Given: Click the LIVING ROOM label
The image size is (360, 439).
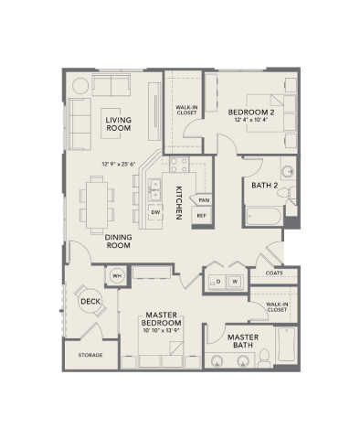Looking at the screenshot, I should (118, 125).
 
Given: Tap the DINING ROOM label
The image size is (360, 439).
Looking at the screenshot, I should (121, 241).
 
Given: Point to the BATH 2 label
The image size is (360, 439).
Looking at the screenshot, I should (264, 187).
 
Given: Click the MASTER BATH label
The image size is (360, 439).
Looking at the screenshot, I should (243, 340).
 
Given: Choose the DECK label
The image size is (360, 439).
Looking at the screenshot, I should (89, 301).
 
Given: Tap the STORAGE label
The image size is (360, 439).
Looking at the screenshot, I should (90, 354).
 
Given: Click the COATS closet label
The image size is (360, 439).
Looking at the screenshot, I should (273, 273).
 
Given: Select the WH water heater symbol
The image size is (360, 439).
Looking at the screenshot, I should (117, 274).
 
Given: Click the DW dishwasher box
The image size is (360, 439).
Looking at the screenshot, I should (155, 211).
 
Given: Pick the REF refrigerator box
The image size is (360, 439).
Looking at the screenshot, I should (202, 216).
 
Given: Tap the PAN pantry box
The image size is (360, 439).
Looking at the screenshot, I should (204, 199).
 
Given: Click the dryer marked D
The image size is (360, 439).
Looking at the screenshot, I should (217, 282).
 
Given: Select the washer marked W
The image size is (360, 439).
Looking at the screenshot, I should (235, 282).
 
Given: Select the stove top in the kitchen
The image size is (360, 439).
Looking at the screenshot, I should (178, 166).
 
